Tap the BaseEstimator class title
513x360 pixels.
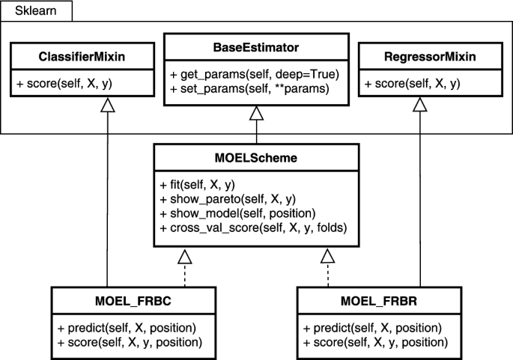pos(256,47)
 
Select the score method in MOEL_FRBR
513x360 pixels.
pos(376,341)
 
